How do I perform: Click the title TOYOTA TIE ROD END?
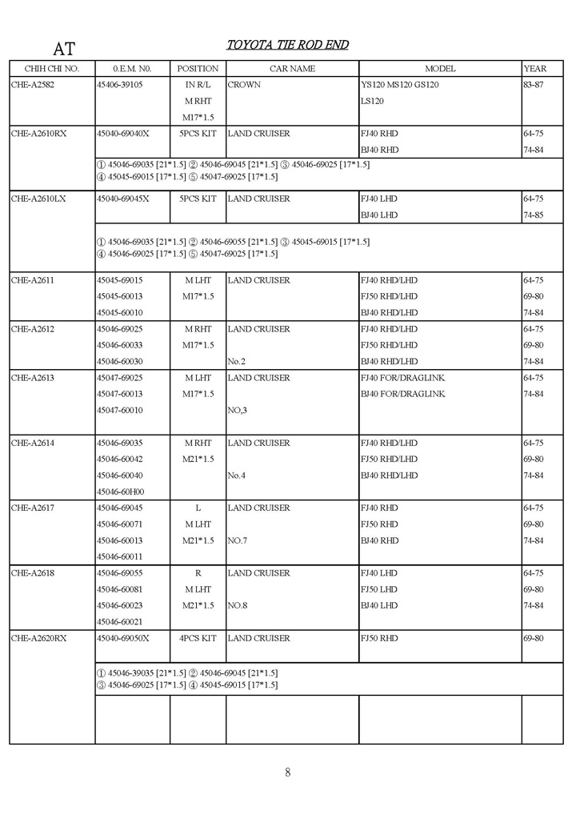click(287, 45)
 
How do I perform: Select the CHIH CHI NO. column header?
click(52, 69)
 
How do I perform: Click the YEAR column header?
click(534, 69)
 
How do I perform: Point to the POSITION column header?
click(198, 69)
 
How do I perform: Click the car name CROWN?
click(244, 85)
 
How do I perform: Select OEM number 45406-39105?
click(120, 85)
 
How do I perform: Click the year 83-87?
click(534, 85)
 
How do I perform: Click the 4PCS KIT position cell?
click(198, 638)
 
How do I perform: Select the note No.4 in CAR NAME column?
click(236, 476)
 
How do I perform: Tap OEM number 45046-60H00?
click(120, 492)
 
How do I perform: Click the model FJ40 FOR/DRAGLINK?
click(402, 378)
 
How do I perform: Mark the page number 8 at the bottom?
click(287, 773)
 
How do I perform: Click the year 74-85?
click(534, 215)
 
